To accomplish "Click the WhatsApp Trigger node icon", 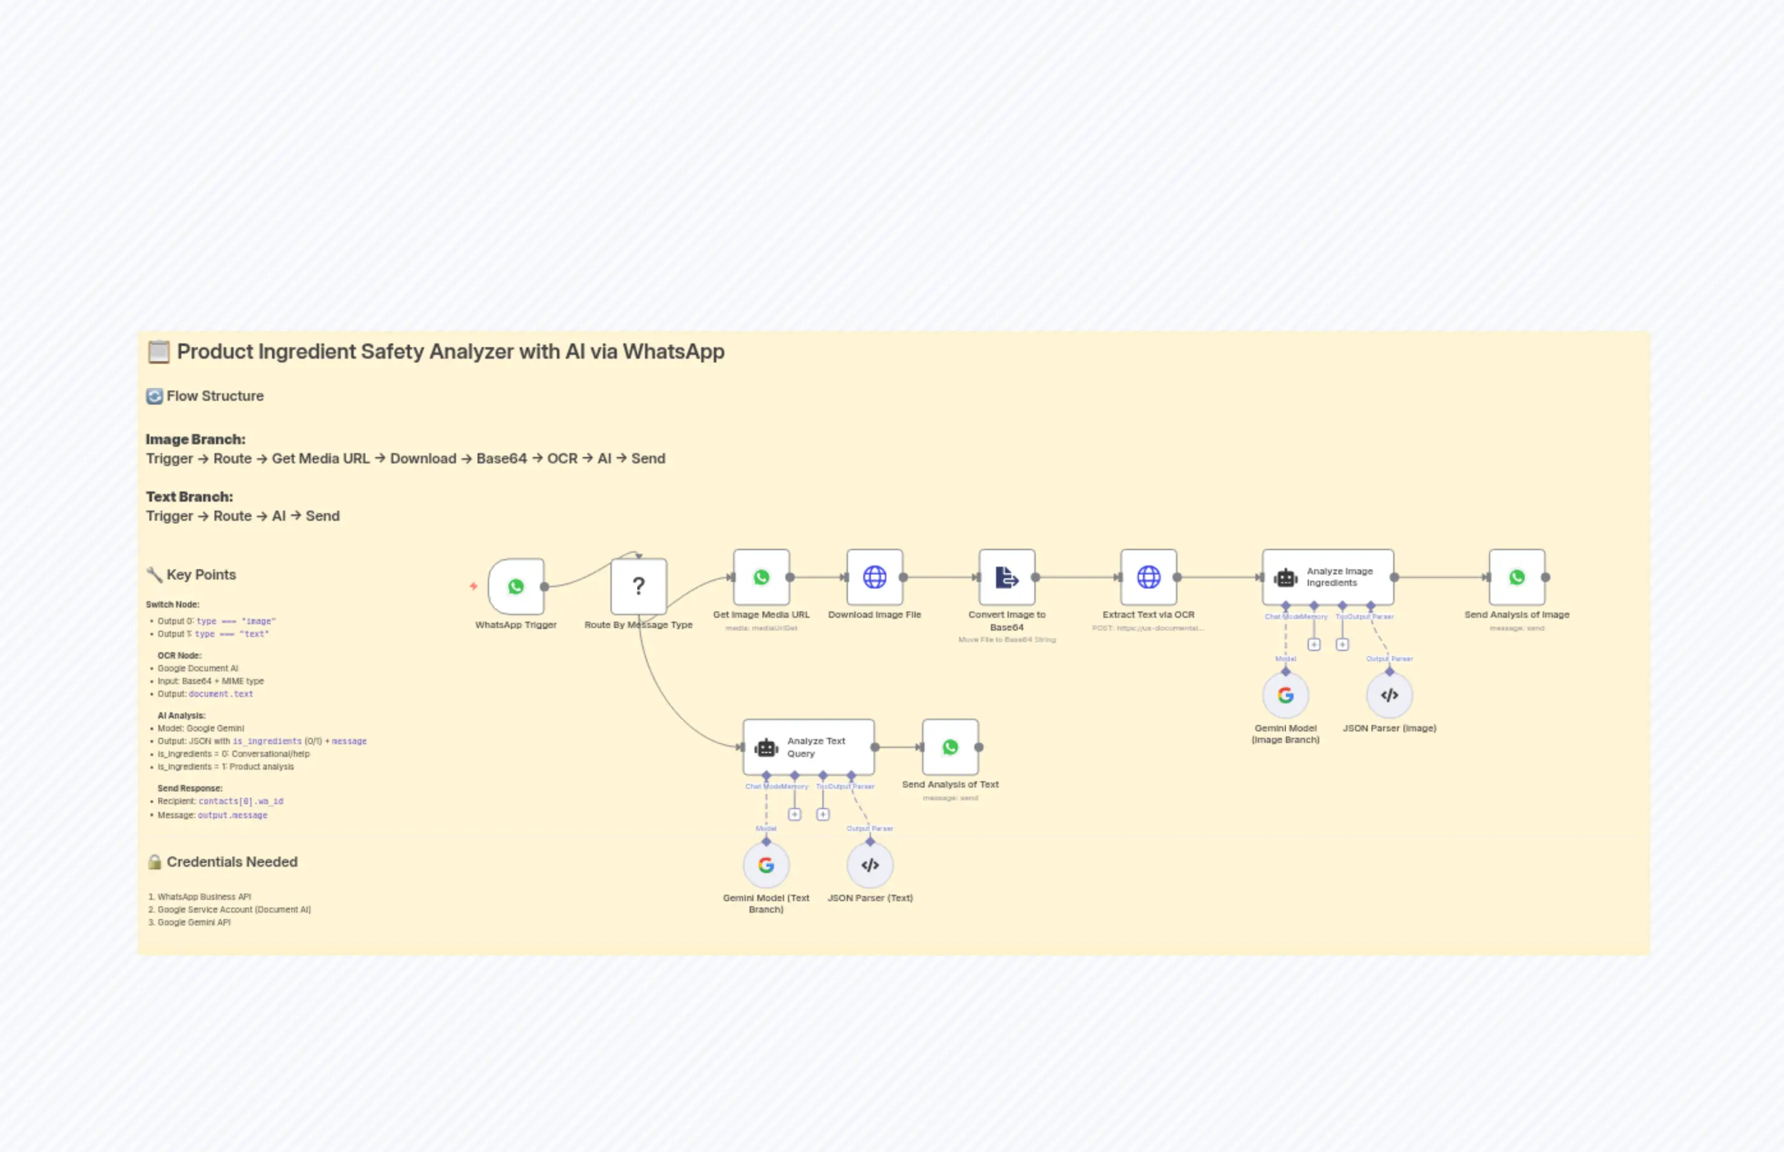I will [x=515, y=587].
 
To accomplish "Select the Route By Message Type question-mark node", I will [x=639, y=587].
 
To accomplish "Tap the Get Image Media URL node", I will [x=761, y=578].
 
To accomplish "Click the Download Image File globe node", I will [x=874, y=578].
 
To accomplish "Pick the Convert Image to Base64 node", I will [x=1006, y=578].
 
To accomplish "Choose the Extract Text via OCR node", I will [x=1148, y=578].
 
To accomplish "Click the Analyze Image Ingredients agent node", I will [x=1327, y=578].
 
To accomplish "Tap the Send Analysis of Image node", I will [x=1516, y=578].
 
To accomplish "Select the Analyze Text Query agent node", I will [x=808, y=747].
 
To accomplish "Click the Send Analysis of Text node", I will [x=949, y=747].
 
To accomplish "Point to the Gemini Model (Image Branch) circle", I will [x=1285, y=696].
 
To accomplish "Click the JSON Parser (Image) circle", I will [x=1389, y=696].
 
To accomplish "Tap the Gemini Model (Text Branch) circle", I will [x=766, y=865].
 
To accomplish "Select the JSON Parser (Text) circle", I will [x=870, y=865].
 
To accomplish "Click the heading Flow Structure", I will [x=215, y=396].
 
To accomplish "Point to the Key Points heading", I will [x=200, y=575].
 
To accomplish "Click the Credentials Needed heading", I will [x=232, y=862].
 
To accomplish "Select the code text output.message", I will [x=232, y=816].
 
